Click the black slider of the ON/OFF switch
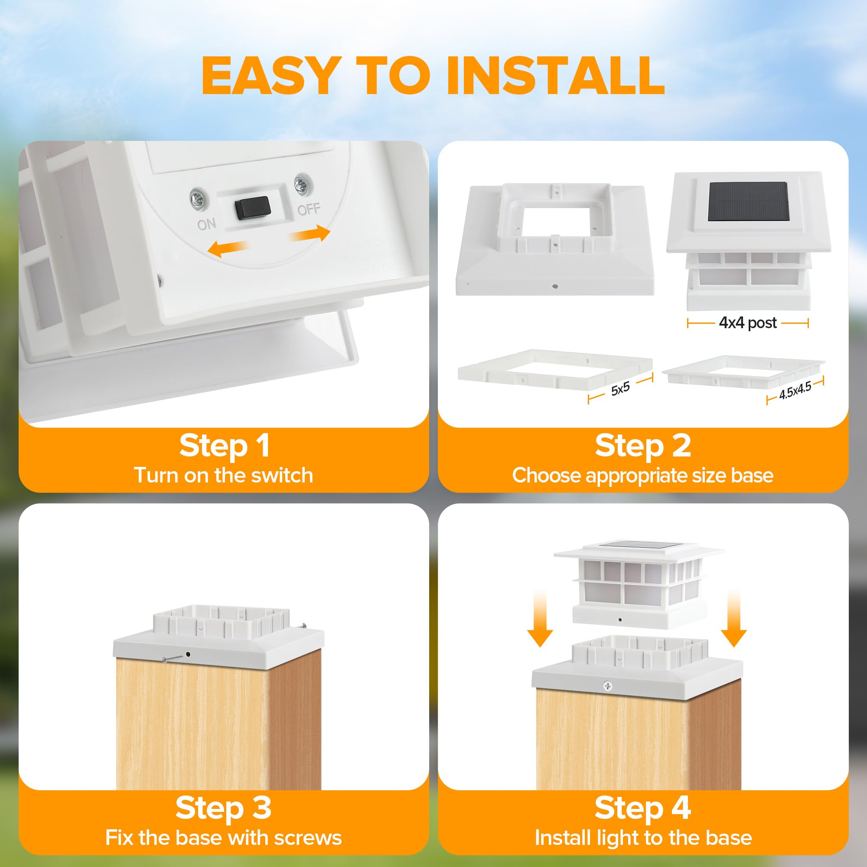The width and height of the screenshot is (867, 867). (252, 208)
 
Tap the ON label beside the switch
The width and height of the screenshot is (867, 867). (206, 224)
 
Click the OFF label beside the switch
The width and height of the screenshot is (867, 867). (309, 209)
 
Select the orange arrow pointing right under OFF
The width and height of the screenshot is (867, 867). (310, 233)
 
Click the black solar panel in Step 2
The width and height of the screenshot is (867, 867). (749, 202)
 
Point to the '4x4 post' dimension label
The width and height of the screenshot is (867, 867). (748, 323)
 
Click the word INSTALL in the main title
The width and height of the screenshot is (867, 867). (555, 75)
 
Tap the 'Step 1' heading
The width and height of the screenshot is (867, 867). (225, 446)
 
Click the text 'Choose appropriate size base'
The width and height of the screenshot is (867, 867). (642, 476)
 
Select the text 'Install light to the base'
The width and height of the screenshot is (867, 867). (643, 838)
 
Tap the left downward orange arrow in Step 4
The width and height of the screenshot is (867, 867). (540, 619)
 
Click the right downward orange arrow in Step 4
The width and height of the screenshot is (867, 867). (733, 619)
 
